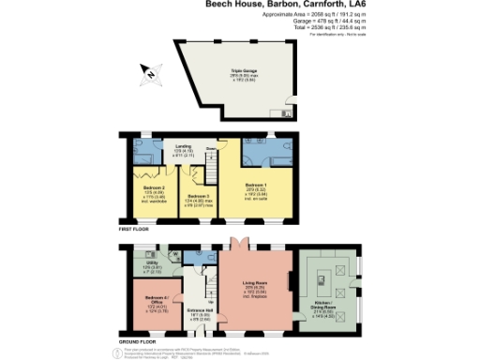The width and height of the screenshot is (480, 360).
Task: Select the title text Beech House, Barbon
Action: [263, 5]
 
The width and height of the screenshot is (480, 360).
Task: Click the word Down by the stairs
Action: [211, 148]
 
